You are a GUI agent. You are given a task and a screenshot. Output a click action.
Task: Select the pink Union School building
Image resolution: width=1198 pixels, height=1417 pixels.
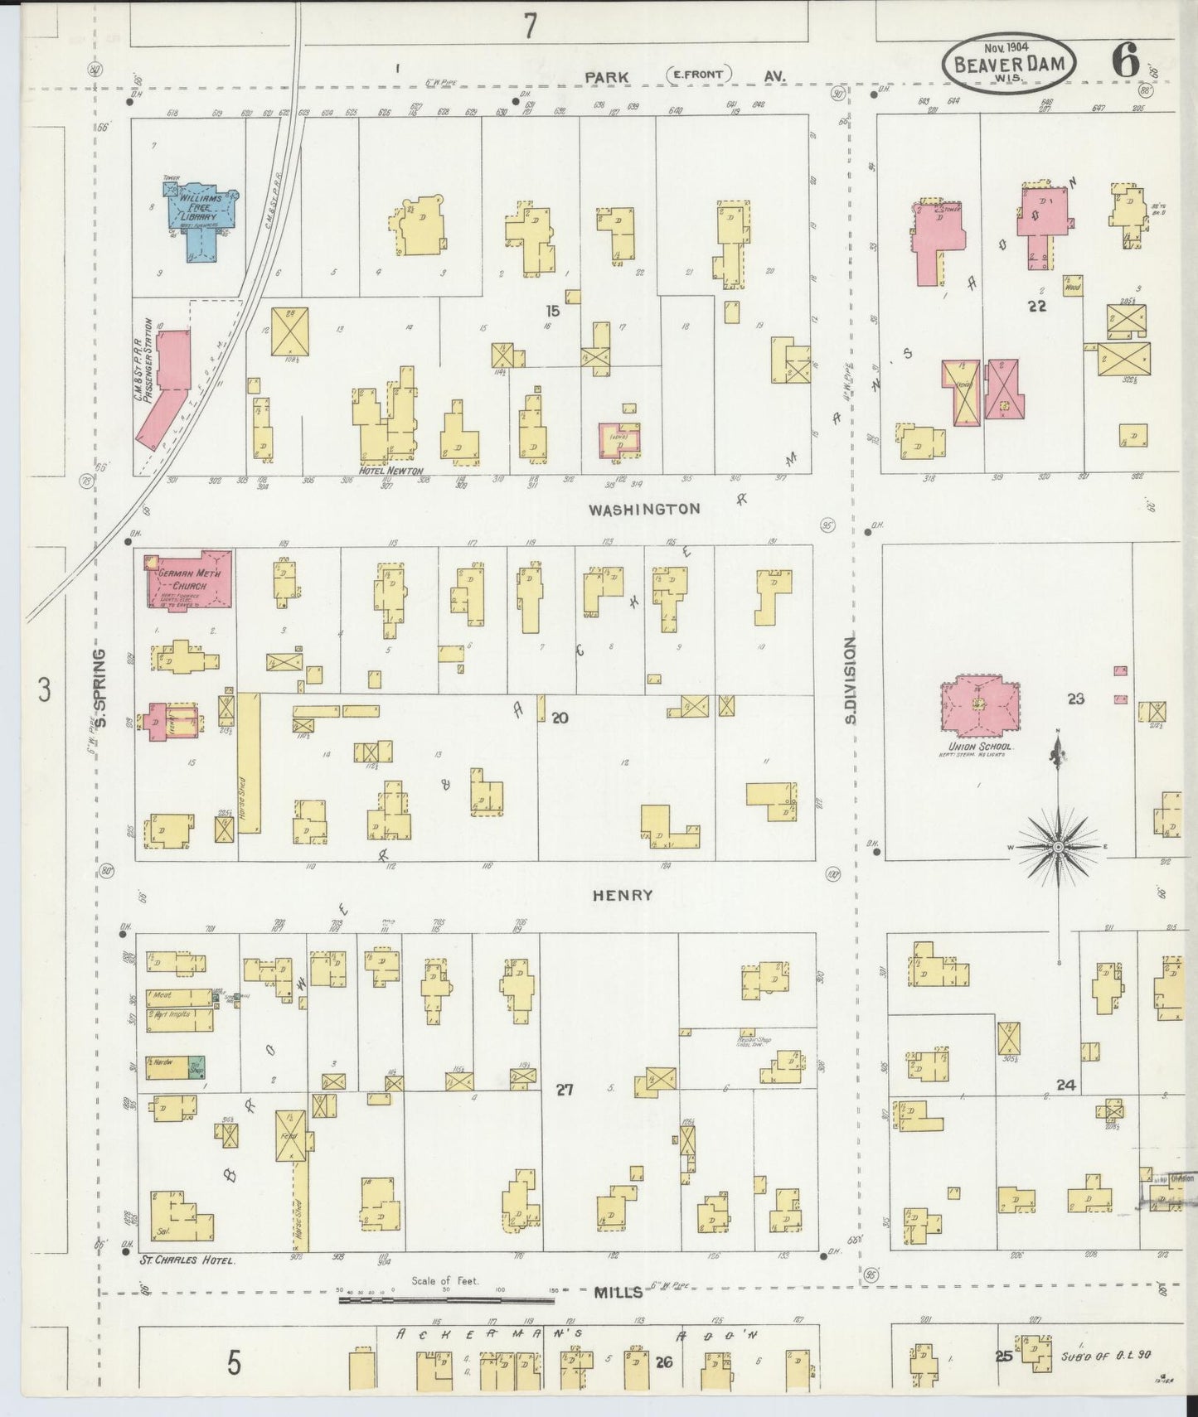tap(980, 706)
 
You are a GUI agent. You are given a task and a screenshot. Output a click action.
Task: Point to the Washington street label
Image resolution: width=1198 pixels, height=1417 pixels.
tap(644, 510)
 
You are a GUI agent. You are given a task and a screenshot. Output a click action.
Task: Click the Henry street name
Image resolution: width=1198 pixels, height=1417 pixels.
tap(623, 895)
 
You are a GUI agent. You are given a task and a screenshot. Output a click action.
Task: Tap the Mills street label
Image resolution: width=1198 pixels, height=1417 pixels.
tap(618, 1292)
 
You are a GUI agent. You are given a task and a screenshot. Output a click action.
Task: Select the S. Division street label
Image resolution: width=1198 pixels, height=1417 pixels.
tap(850, 679)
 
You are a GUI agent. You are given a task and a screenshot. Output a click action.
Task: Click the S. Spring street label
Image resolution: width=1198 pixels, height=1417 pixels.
tap(100, 688)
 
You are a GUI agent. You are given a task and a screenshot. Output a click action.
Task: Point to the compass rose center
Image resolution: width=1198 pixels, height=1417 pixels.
tap(1058, 847)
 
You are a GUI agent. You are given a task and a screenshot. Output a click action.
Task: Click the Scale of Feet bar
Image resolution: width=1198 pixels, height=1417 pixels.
tap(448, 1300)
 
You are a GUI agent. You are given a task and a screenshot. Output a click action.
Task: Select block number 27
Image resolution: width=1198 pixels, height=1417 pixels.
tap(565, 1090)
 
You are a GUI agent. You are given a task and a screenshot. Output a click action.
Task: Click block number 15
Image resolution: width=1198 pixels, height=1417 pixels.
tap(552, 311)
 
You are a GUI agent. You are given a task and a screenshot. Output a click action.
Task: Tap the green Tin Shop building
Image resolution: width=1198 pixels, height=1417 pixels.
tap(196, 1067)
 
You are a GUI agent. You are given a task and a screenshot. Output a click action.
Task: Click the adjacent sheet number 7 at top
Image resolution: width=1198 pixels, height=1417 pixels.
tap(529, 27)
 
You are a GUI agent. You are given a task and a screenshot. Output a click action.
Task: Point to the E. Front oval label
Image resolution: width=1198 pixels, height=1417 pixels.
tap(697, 75)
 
